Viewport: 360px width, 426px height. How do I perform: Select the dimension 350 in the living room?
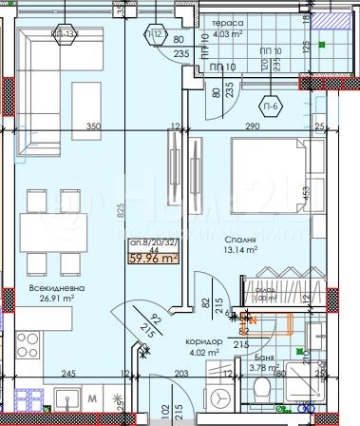93,126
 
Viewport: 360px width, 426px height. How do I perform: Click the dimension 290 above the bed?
251,126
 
